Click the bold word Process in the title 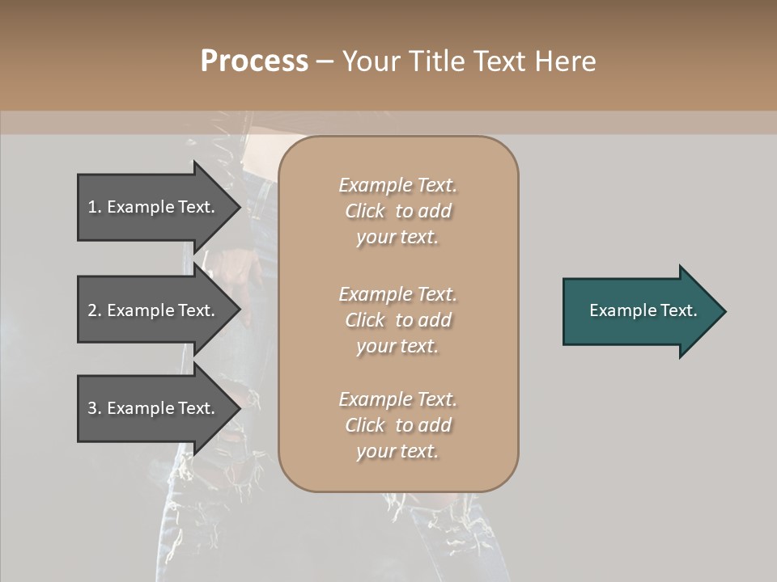point(254,61)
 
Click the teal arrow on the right point(639,311)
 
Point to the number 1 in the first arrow point(92,207)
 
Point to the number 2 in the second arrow point(92,310)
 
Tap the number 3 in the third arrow point(92,408)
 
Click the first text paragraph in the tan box point(398,211)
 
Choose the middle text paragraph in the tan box point(398,319)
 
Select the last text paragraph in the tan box point(398,425)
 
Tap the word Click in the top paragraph point(365,211)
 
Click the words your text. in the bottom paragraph point(397,451)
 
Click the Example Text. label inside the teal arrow point(643,310)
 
